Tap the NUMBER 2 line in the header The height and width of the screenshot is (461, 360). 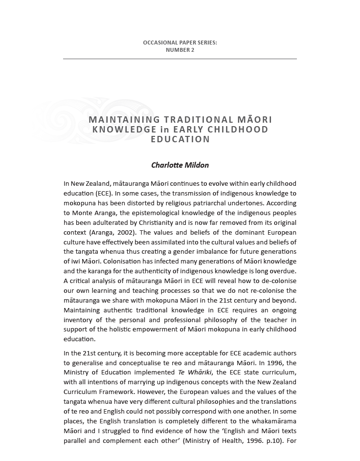[x=180, y=50]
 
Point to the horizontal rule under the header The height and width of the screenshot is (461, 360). [x=180, y=59]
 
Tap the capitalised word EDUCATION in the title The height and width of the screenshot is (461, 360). [x=180, y=139]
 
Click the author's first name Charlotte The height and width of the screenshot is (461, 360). [x=167, y=165]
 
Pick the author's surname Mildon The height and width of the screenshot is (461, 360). [x=197, y=165]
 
